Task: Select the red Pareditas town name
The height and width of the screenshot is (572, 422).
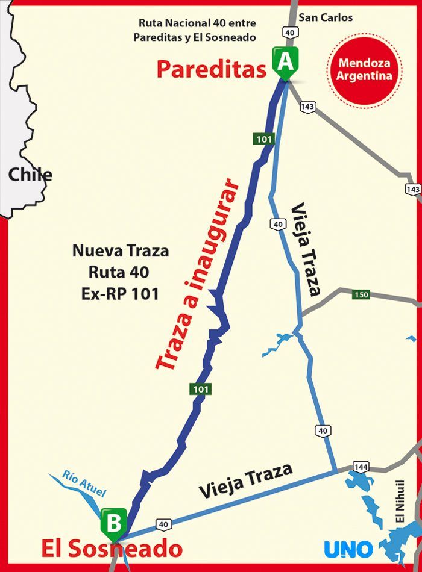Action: [211, 69]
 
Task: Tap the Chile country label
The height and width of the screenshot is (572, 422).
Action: [30, 175]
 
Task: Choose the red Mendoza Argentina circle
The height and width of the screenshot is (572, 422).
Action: [365, 69]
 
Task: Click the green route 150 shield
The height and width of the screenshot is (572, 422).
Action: [361, 295]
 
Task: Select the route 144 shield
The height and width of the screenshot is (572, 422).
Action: [361, 467]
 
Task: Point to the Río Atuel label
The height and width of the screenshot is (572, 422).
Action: [84, 483]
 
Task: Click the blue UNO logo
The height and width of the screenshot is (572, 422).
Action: [348, 549]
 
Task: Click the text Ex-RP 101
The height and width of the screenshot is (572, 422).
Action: [119, 294]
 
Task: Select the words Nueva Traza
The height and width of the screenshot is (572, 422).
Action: [121, 250]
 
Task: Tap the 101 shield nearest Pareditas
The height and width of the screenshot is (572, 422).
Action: [263, 140]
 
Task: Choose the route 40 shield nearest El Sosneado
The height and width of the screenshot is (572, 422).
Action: [163, 524]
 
